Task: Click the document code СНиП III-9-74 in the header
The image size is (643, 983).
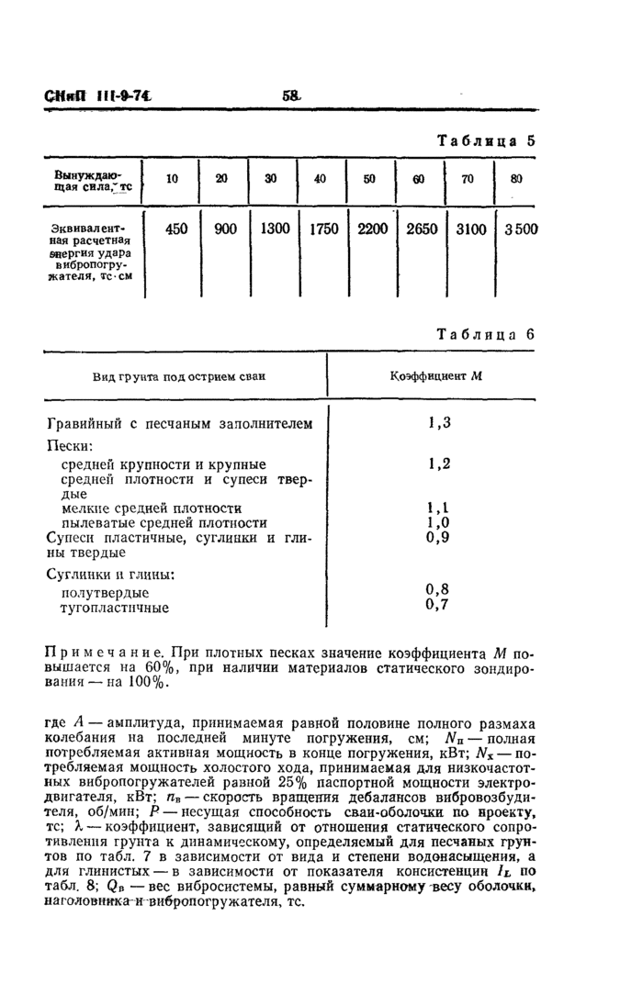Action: (x=96, y=95)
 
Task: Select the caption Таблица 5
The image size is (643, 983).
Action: (x=486, y=141)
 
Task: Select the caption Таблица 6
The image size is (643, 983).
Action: (x=486, y=334)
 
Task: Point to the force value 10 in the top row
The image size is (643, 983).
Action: (x=173, y=180)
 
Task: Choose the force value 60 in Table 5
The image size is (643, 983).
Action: (x=419, y=180)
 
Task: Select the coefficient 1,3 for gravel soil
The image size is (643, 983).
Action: (x=438, y=423)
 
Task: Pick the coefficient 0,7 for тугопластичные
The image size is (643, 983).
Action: (x=438, y=605)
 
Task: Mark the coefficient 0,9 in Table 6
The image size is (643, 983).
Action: (x=438, y=538)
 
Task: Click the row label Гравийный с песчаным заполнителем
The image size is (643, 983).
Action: (x=179, y=424)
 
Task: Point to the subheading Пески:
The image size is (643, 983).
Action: (x=70, y=445)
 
